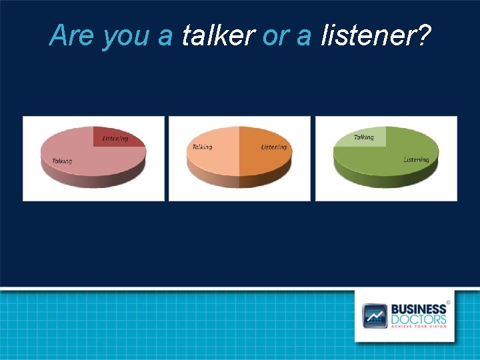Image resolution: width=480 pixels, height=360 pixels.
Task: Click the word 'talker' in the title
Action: point(218,35)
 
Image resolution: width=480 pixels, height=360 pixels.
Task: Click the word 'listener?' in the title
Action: point(375,35)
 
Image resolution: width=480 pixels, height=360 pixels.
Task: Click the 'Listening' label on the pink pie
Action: point(115,139)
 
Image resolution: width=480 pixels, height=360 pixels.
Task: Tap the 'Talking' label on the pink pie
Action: point(62,161)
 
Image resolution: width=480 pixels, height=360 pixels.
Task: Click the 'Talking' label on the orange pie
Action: point(202,147)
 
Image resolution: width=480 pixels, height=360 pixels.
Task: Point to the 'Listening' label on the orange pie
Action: point(274,147)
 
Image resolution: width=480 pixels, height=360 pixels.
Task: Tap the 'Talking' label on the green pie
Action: point(363,137)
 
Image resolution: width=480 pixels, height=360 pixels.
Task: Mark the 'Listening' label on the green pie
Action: point(416,159)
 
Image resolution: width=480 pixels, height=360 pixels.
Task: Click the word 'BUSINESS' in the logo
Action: point(418,309)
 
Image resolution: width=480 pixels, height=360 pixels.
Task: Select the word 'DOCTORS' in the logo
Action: point(419,319)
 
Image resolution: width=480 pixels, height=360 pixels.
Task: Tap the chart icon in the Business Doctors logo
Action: point(375,315)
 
